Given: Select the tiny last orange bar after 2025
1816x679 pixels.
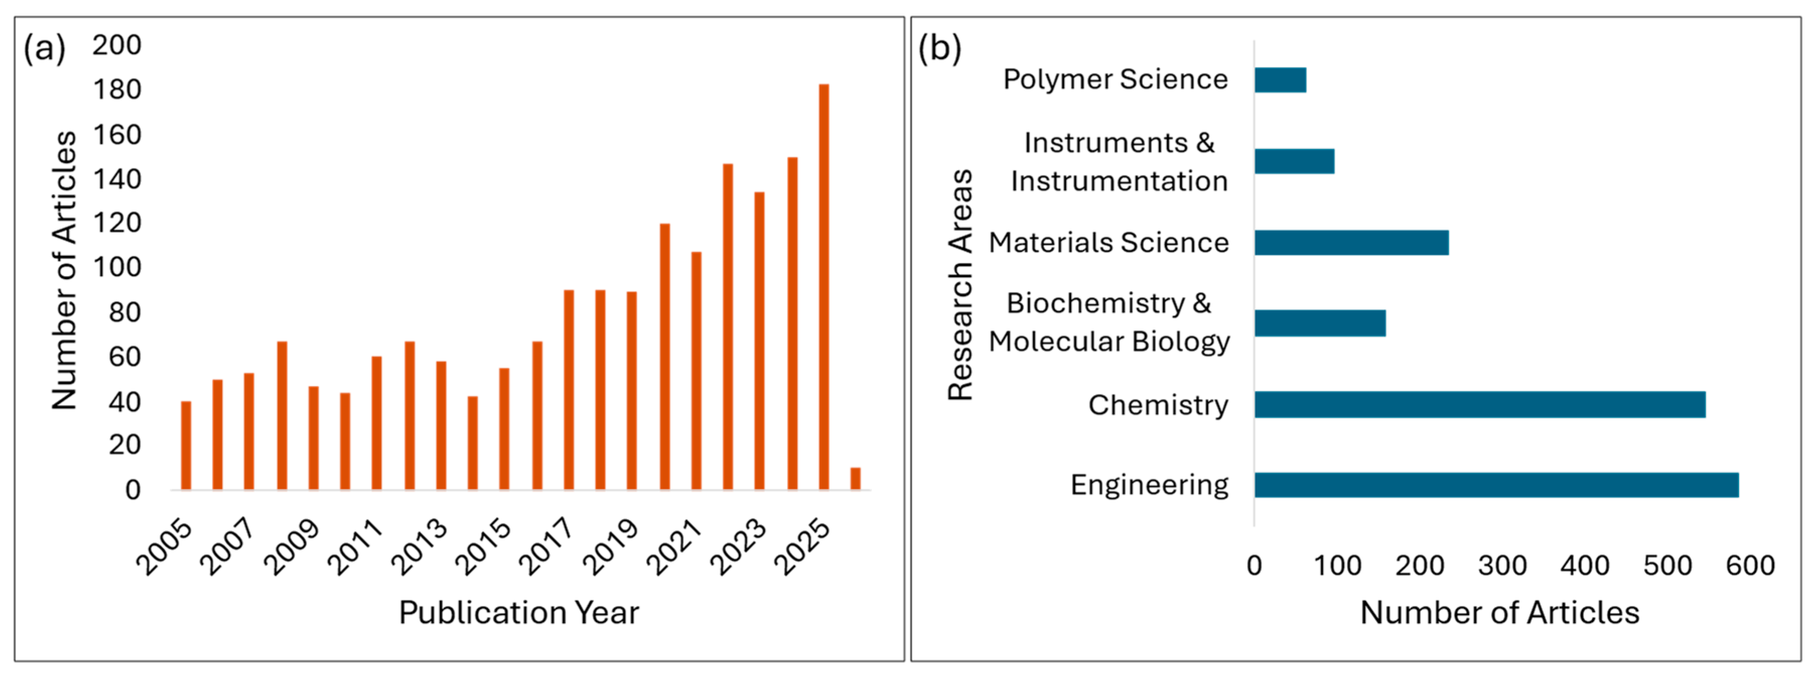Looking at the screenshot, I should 855,478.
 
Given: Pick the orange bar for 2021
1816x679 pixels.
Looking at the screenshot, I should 696,370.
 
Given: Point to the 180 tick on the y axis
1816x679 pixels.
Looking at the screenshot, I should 117,90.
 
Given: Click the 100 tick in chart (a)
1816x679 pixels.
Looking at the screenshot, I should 117,267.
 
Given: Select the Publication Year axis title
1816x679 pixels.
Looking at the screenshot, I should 519,612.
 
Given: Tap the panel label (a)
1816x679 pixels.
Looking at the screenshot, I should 44,49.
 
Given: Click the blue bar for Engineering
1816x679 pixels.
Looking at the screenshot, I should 1496,485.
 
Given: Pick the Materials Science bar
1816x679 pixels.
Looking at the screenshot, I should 1351,243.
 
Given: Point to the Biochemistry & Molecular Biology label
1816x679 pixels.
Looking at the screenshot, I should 1109,322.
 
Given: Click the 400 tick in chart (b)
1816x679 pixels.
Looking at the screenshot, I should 1585,566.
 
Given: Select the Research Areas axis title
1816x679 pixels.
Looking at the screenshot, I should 960,285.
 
